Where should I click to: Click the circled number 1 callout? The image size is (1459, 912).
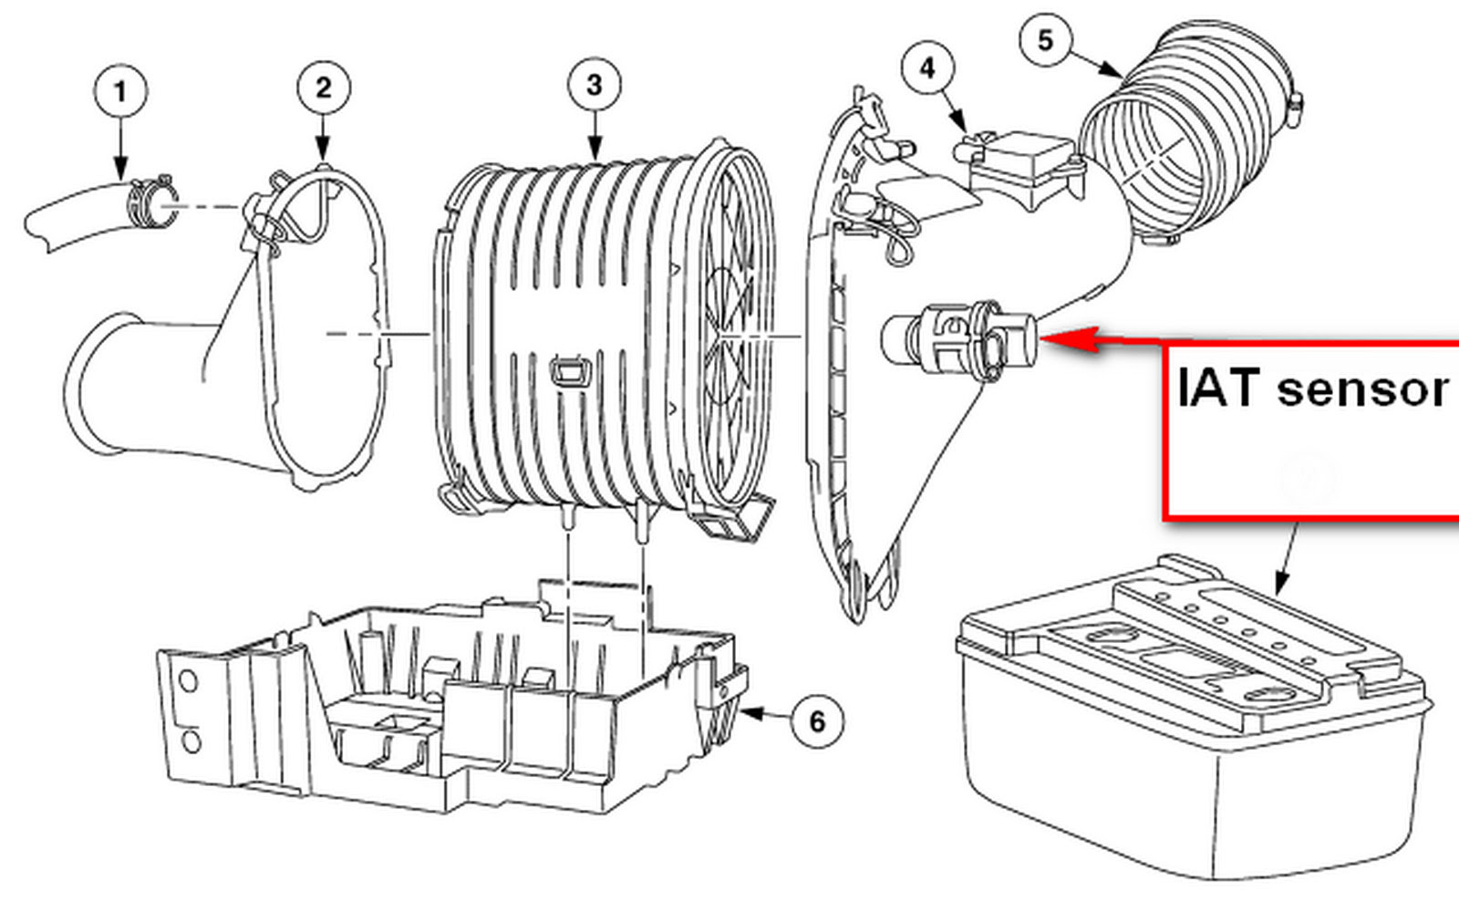[120, 91]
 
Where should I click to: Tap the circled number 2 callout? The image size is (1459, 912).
[324, 88]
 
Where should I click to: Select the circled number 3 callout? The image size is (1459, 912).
[594, 85]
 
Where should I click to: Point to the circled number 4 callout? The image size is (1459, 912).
[928, 67]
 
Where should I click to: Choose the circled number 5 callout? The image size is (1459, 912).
[1045, 40]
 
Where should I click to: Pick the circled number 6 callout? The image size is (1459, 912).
[817, 721]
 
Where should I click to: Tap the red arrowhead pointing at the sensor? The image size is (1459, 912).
[1068, 339]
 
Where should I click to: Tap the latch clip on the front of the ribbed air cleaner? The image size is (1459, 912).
[571, 373]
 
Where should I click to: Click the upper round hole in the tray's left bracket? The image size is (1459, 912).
[188, 681]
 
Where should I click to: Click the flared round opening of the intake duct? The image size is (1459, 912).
[104, 383]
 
